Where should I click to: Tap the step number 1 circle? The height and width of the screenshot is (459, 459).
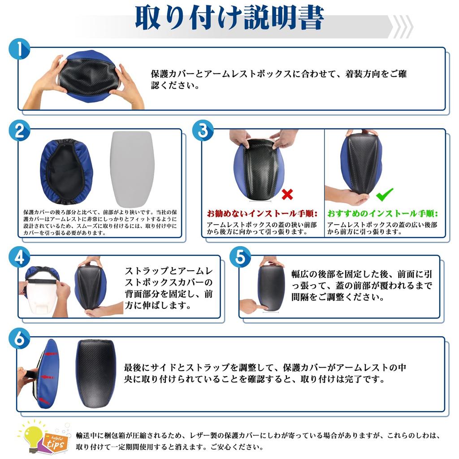pos(19,49)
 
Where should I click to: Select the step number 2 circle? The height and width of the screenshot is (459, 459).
pos(19,130)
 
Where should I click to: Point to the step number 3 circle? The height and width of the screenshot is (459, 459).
pos(203,130)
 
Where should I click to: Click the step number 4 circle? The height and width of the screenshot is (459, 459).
pos(19,257)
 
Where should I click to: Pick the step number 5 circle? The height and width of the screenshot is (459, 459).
pos(240,257)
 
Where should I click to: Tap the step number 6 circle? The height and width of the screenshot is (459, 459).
pos(19,338)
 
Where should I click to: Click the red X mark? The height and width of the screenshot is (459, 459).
pos(287,194)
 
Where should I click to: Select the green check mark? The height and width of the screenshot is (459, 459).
pos(384,195)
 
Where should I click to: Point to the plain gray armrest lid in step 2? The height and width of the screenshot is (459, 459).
pos(132,169)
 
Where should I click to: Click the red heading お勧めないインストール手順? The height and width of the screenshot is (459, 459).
pos(262,213)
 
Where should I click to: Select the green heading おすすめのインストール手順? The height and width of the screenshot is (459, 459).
pos(383,213)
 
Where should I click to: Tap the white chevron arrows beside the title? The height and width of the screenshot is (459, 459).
pos(403,26)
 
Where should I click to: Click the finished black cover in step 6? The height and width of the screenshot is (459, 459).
pos(96,373)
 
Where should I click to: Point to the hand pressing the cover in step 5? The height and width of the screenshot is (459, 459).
pos(254,306)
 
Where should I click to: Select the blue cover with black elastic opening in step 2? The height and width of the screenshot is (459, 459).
pos(66,172)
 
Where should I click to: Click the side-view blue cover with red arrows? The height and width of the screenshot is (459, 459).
pos(47,373)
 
